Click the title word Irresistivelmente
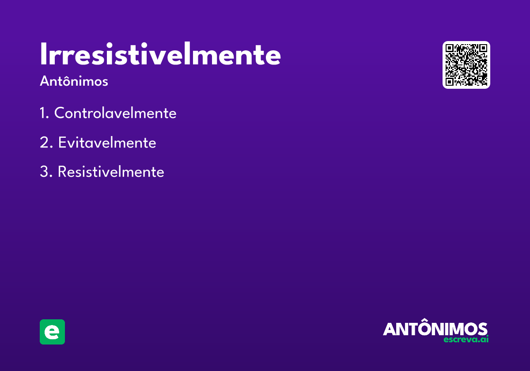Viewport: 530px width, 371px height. click(x=160, y=54)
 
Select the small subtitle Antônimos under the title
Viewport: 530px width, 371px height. click(x=74, y=81)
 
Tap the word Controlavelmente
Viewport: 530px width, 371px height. click(x=115, y=113)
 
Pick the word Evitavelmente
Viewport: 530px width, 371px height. click(x=107, y=142)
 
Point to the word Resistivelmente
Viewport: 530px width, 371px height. click(x=111, y=171)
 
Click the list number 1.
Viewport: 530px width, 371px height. click(x=44, y=113)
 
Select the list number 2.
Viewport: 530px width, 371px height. click(x=46, y=142)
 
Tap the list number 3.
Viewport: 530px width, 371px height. click(x=46, y=171)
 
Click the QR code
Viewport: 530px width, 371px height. click(x=466, y=65)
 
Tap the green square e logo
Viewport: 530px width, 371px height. click(x=52, y=332)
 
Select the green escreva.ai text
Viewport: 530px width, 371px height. click(x=466, y=339)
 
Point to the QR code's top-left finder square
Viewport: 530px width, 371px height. click(x=449, y=48)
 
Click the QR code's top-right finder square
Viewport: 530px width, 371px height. click(x=483, y=48)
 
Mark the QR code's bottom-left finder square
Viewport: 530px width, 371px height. click(x=449, y=82)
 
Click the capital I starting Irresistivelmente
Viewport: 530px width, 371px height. click(x=43, y=54)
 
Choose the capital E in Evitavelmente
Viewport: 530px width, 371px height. click(x=62, y=142)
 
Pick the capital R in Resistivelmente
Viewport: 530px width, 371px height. click(x=62, y=171)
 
